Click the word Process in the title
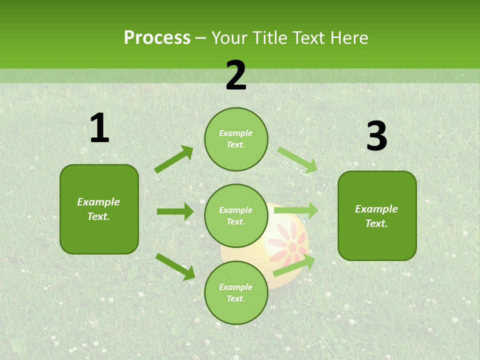[x=157, y=37]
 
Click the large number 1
[x=99, y=128]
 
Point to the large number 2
[x=236, y=75]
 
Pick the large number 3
[x=376, y=136]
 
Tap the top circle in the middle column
[x=236, y=139]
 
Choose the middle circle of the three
[x=236, y=215]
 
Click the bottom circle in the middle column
[x=236, y=292]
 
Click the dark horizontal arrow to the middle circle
[x=175, y=211]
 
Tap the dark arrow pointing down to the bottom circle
[x=175, y=266]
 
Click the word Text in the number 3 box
[x=375, y=223]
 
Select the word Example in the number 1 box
[x=98, y=202]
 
